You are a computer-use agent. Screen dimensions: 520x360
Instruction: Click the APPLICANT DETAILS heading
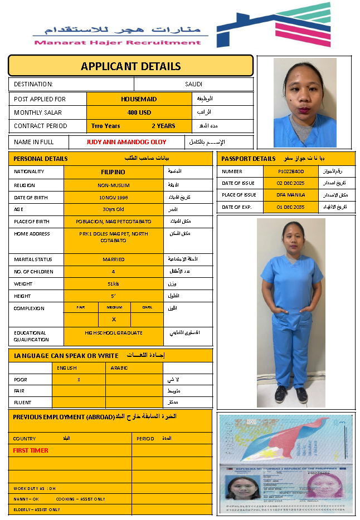click(130, 66)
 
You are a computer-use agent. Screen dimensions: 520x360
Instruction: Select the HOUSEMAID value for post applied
click(139, 99)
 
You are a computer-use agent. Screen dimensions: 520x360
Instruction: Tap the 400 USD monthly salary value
click(139, 112)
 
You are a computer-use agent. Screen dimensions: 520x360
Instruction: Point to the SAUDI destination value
click(194, 84)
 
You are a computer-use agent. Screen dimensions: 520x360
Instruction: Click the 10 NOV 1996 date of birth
click(113, 198)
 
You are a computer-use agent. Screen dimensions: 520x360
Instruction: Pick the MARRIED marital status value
click(113, 259)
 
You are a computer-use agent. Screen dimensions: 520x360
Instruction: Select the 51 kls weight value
click(113, 284)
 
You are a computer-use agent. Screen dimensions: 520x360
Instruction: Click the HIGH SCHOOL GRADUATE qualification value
click(113, 333)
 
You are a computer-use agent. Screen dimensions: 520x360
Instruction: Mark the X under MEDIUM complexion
click(114, 320)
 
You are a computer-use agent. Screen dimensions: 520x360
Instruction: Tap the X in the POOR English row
click(79, 380)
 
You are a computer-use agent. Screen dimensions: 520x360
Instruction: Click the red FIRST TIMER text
click(31, 450)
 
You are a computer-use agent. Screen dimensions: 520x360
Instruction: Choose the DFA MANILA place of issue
click(290, 195)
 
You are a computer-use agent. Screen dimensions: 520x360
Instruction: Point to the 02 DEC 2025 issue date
click(290, 183)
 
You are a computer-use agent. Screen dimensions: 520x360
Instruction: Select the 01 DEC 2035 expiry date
click(290, 207)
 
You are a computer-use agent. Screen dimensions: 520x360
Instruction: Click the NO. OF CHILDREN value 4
click(113, 272)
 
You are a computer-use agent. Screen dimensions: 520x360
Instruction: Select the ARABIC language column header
click(119, 368)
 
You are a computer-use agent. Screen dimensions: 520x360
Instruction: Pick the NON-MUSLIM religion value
click(113, 185)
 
